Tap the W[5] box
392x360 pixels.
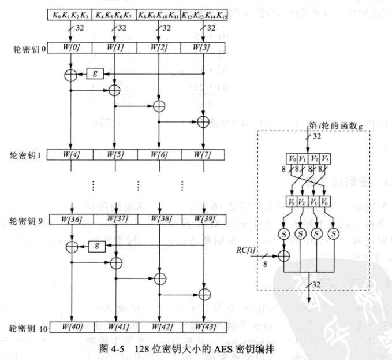click(114, 154)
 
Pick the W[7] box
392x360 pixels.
click(203, 154)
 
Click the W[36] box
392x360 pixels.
click(70, 221)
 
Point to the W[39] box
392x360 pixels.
click(203, 221)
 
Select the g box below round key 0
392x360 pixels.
click(93, 73)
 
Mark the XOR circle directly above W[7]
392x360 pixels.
click(203, 121)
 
